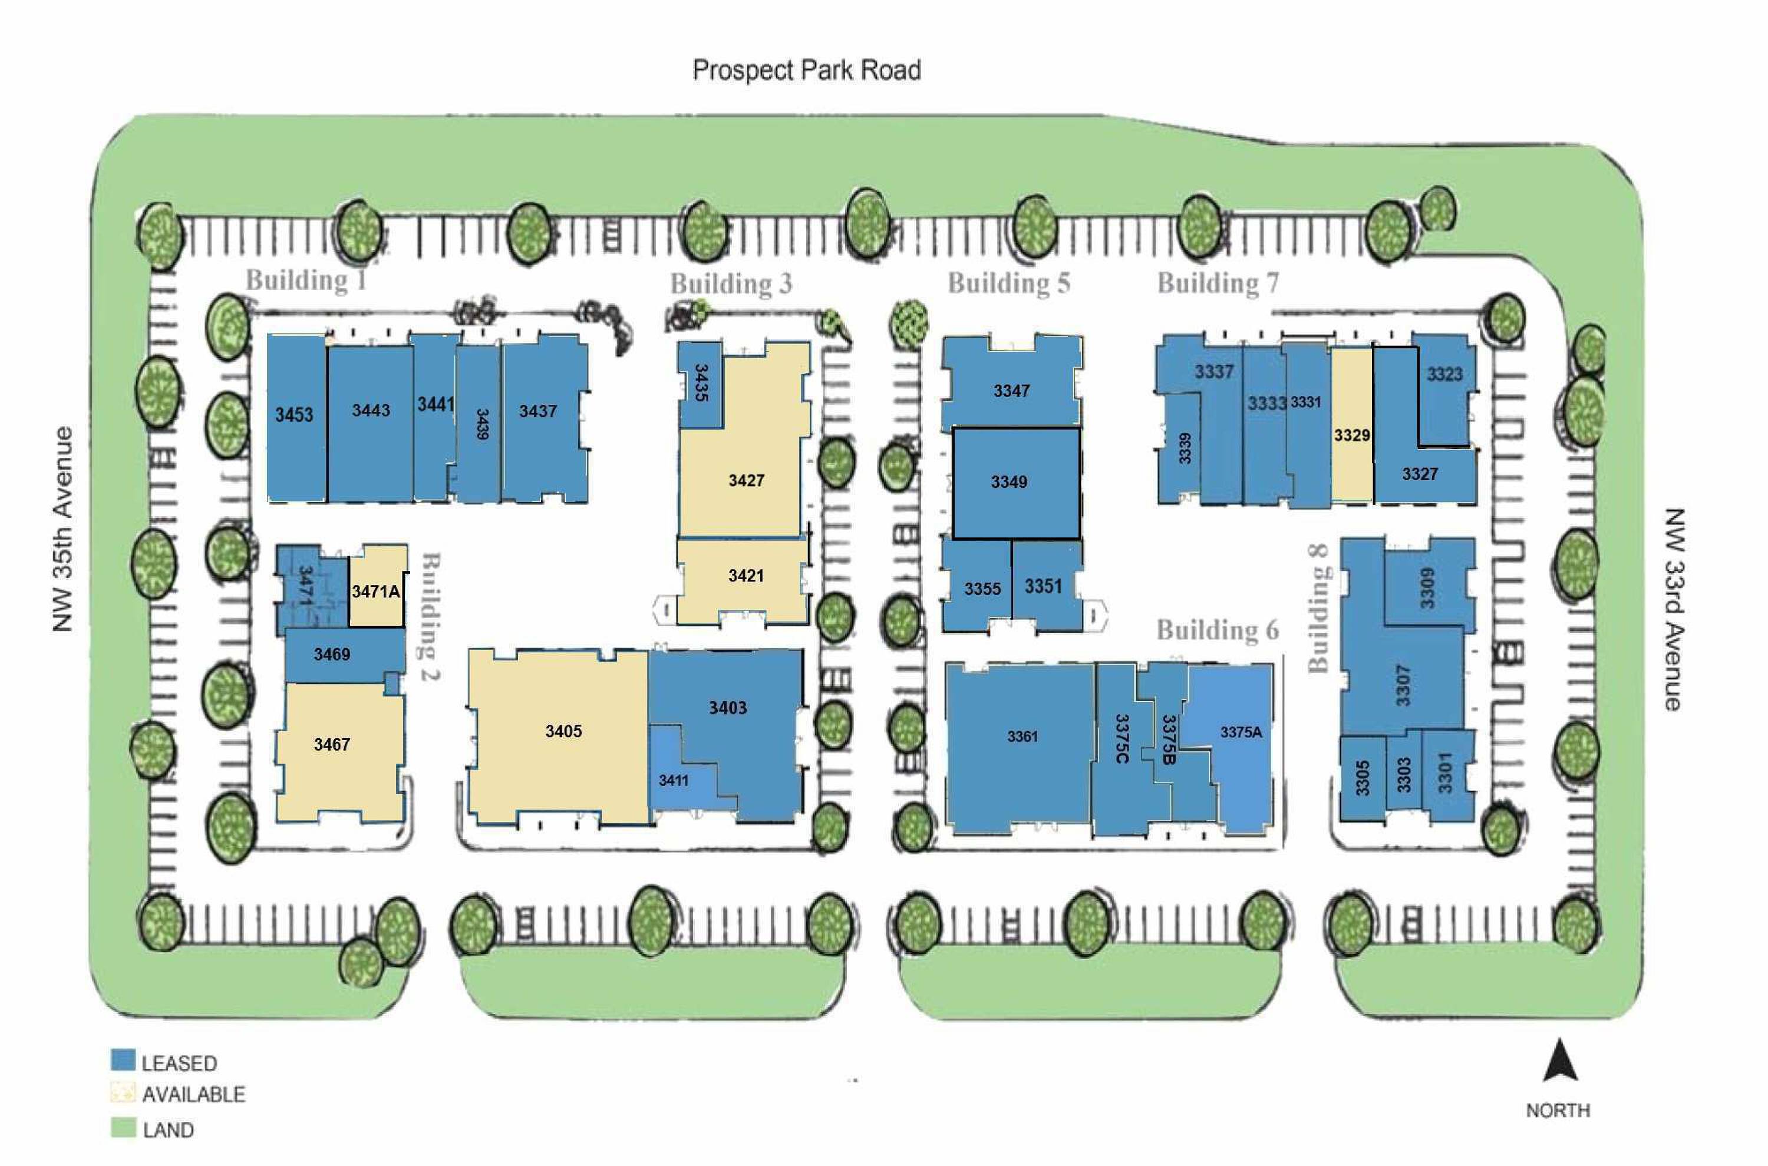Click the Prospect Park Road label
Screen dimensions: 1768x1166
click(806, 71)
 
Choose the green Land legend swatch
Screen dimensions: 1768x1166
click(123, 1127)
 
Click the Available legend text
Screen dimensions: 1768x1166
click(193, 1095)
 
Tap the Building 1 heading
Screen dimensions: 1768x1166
click(306, 280)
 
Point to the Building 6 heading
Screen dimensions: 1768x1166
click(1217, 630)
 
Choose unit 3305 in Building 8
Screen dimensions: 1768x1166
click(1363, 778)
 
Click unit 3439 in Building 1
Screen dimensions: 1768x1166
click(480, 425)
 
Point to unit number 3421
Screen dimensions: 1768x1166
click(746, 576)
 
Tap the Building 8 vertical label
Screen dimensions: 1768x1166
click(1319, 619)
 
